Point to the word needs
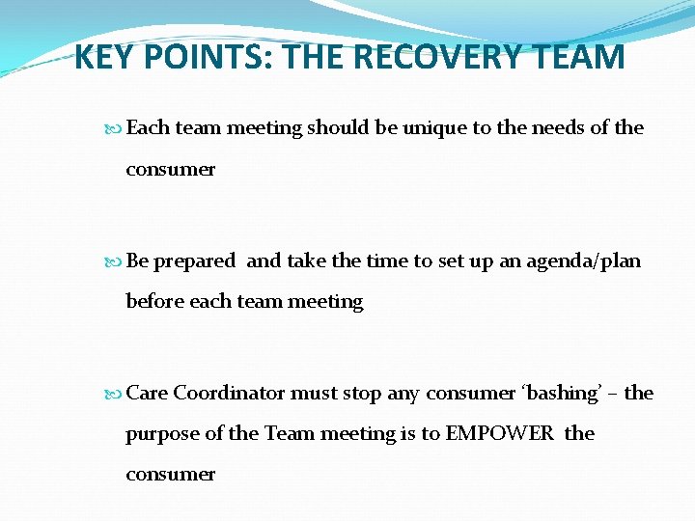pos(563,128)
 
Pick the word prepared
pos(194,261)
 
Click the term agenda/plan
pos(583,261)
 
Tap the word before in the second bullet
pos(155,302)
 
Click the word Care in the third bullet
pos(147,393)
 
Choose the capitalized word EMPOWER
pos(500,433)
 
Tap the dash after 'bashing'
pos(613,394)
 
